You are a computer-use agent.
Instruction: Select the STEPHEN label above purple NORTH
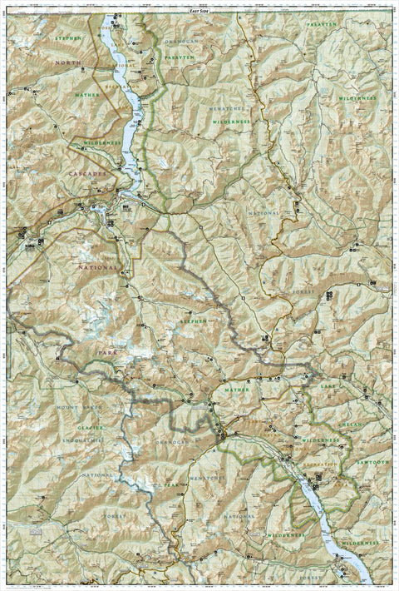(x=69, y=38)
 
